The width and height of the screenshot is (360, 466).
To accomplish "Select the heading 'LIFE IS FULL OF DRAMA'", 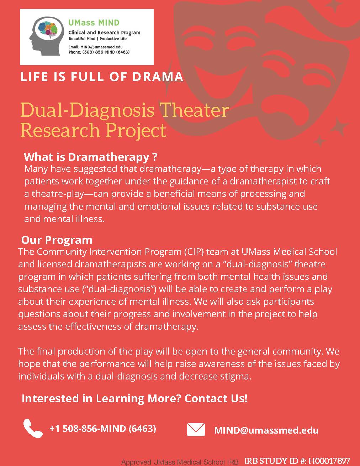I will coord(102,77).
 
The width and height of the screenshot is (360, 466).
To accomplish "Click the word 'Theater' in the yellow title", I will coord(194,110).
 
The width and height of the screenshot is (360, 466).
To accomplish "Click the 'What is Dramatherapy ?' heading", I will coord(90,157).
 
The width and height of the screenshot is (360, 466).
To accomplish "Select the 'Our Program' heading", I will coord(57,240).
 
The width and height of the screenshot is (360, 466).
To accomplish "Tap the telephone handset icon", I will coord(33,428).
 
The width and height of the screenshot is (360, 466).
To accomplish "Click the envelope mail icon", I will coord(196,429).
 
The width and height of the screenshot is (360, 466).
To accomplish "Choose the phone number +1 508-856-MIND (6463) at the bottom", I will coord(103,428).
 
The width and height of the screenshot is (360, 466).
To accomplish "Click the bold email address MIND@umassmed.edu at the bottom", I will coord(266,430).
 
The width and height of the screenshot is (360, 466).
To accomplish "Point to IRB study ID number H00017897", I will coord(329,461).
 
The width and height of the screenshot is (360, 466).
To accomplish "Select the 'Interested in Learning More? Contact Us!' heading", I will coord(134,398).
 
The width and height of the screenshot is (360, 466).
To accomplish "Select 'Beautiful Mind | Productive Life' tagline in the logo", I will coord(97,38).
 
